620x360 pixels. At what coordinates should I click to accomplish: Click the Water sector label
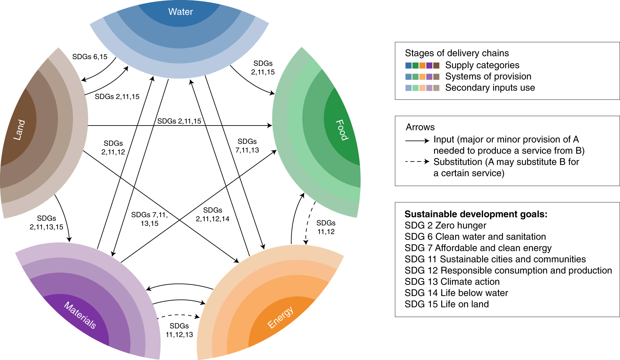pos(180,12)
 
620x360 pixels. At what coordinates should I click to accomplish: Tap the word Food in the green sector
pos(341,130)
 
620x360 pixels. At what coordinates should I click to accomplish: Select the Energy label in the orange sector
pos(281,317)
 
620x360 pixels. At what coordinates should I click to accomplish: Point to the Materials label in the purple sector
pos(80,315)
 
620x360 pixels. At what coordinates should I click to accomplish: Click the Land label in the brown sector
pos(19,130)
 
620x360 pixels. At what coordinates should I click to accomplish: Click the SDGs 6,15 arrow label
pos(90,57)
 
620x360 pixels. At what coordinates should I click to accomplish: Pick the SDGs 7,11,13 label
pos(247,146)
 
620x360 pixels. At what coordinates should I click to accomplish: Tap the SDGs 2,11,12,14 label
pos(213,214)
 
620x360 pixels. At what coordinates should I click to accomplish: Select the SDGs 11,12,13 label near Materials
pos(179,330)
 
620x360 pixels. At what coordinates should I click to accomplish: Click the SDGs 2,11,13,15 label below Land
pos(46,223)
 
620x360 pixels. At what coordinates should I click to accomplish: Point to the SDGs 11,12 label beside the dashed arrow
pos(326,227)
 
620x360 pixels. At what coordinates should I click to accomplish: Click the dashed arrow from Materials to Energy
pos(178,315)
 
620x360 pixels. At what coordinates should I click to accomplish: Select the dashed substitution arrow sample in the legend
pos(417,161)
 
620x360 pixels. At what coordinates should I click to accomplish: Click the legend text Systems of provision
pos(488,76)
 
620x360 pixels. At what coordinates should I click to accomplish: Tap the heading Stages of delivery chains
pos(457,53)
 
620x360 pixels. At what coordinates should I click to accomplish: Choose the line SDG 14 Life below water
pos(456,293)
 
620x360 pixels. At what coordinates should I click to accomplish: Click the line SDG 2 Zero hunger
pos(445,225)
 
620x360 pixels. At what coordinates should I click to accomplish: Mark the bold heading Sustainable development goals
pos(476,214)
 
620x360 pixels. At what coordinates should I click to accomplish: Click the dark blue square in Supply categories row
pos(408,65)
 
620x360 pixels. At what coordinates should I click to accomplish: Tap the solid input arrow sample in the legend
pos(417,141)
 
